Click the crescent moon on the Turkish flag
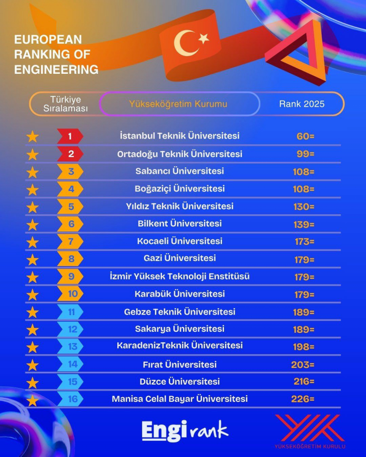(x=182, y=42)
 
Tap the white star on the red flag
(x=203, y=38)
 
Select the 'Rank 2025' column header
(x=302, y=104)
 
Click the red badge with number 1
(x=70, y=137)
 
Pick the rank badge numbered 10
(x=71, y=294)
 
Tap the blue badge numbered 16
(x=71, y=399)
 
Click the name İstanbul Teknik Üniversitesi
(x=180, y=136)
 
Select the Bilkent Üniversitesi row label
(x=179, y=223)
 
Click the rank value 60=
(x=305, y=137)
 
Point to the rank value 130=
(x=304, y=207)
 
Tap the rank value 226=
(x=303, y=399)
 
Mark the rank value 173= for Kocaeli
(x=305, y=241)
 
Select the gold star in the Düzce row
(x=32, y=382)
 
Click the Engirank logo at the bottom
(x=185, y=430)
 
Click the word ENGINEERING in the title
(x=56, y=70)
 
